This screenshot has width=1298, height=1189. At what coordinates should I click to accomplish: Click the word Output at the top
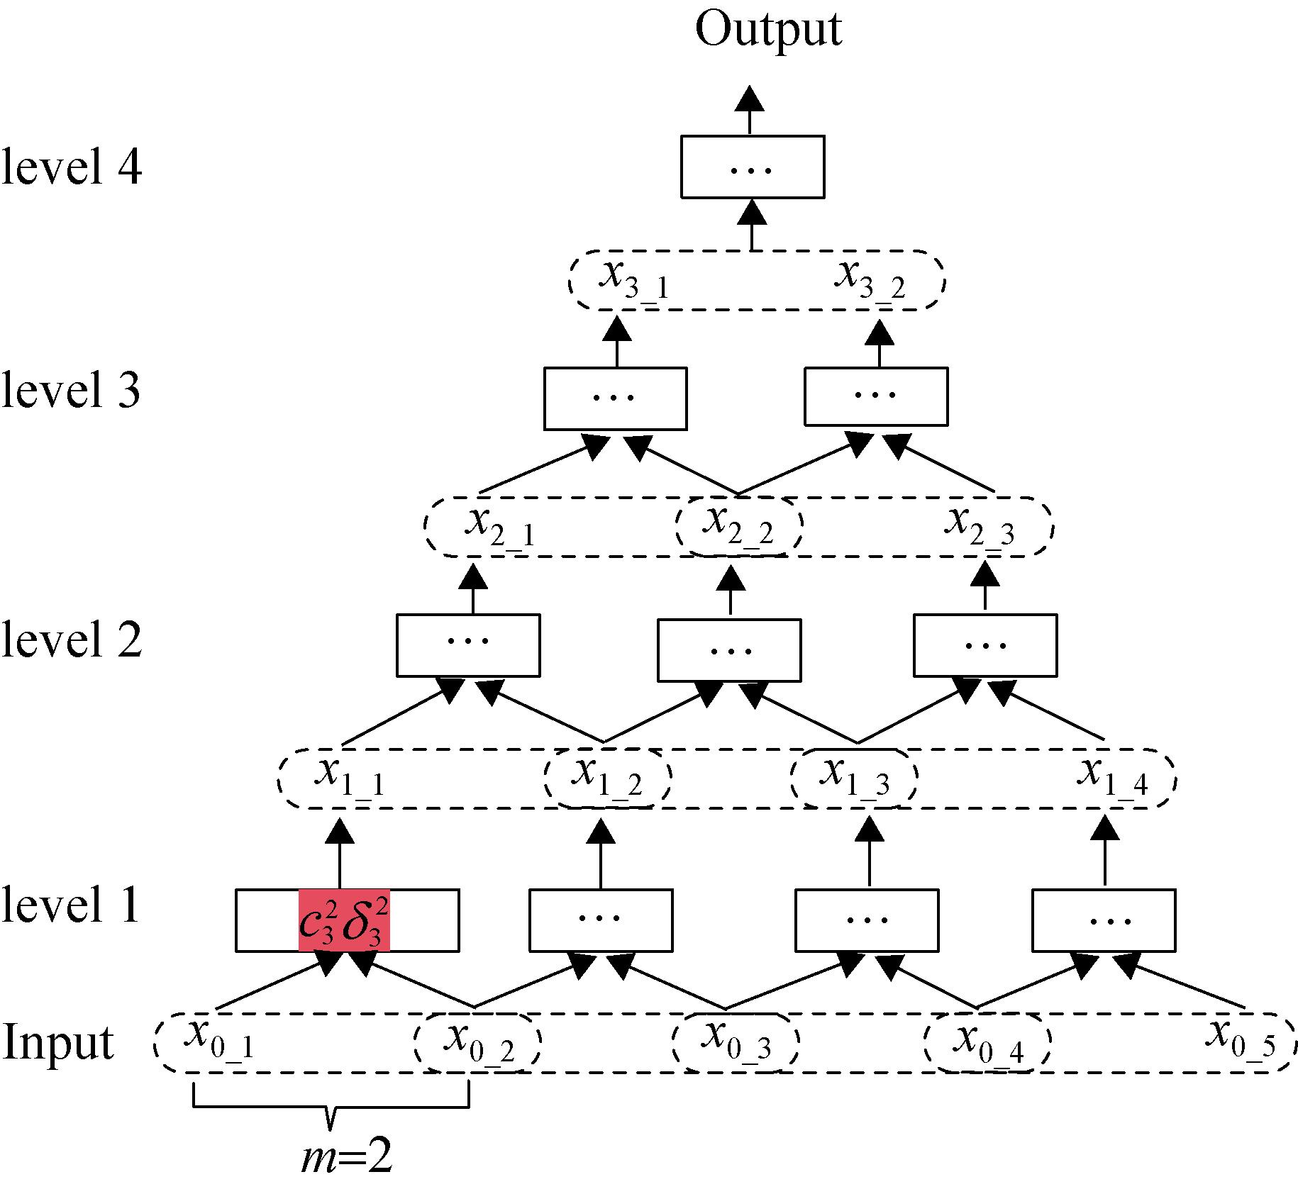click(768, 30)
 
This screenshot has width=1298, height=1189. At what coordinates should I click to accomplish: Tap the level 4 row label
click(72, 167)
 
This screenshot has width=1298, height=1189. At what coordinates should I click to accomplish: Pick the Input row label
click(58, 1042)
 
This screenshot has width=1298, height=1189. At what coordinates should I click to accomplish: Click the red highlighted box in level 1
click(344, 920)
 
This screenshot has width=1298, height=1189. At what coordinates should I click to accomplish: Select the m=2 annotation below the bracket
click(346, 1158)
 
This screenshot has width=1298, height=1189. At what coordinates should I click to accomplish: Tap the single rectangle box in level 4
click(752, 167)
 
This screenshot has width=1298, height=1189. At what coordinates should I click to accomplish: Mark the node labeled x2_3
click(982, 528)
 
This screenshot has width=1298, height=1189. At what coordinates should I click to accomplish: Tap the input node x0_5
click(1241, 1041)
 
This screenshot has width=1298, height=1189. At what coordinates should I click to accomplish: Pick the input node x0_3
click(736, 1041)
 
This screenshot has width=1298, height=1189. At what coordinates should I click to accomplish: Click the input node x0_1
click(219, 1041)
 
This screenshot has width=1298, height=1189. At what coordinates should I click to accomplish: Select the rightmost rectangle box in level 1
click(1103, 920)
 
